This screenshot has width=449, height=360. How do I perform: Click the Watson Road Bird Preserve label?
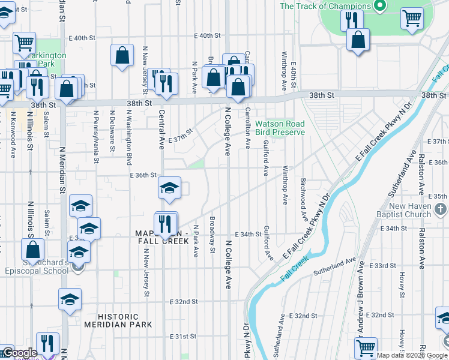280,128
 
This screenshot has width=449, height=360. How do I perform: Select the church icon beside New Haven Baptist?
441,209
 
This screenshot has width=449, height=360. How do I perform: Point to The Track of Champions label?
324,6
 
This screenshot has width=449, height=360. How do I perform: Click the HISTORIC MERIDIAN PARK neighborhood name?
118,320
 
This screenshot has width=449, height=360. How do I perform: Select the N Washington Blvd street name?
128,136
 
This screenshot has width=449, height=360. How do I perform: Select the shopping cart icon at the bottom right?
366,347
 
